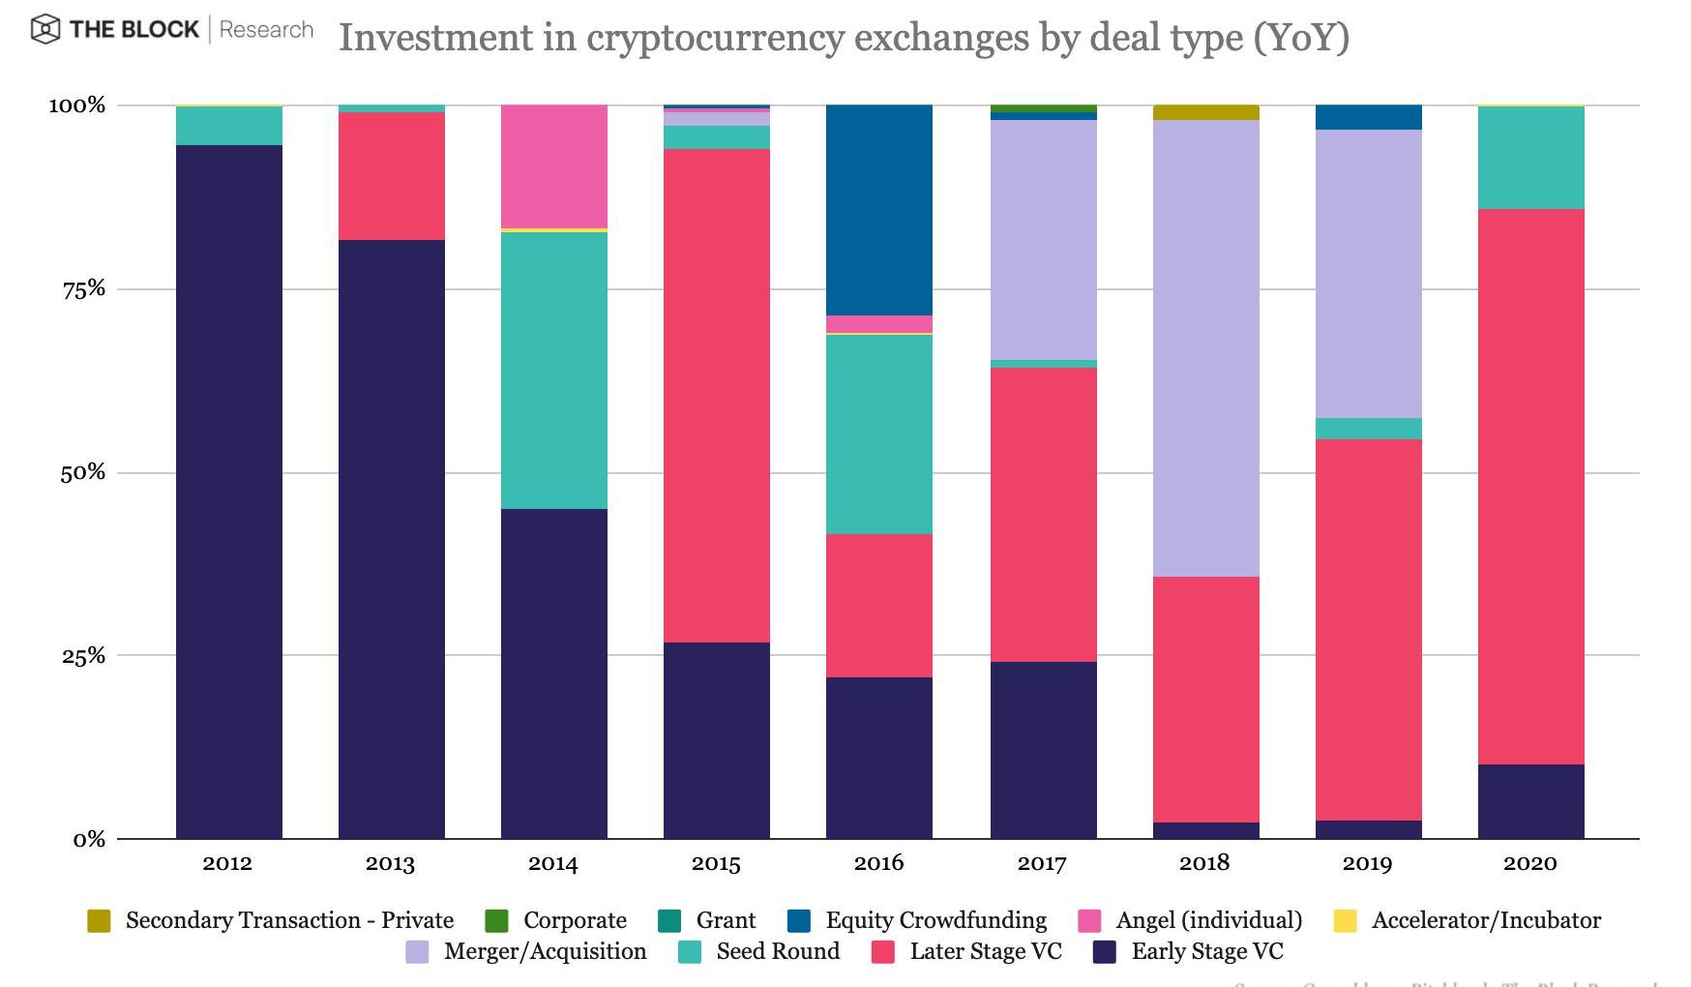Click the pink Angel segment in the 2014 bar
[553, 165]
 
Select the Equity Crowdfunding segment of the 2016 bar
[878, 209]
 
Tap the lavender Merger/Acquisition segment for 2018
[1205, 348]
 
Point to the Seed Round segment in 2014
[553, 371]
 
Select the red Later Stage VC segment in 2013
[391, 176]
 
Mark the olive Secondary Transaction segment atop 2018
[1205, 112]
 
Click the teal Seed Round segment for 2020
[1530, 158]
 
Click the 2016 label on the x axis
[878, 863]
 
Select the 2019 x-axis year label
[1367, 863]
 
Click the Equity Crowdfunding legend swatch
[799, 920]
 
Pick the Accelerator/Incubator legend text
[1486, 920]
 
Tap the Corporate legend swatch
[496, 920]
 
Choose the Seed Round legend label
[778, 951]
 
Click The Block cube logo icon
[45, 30]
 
